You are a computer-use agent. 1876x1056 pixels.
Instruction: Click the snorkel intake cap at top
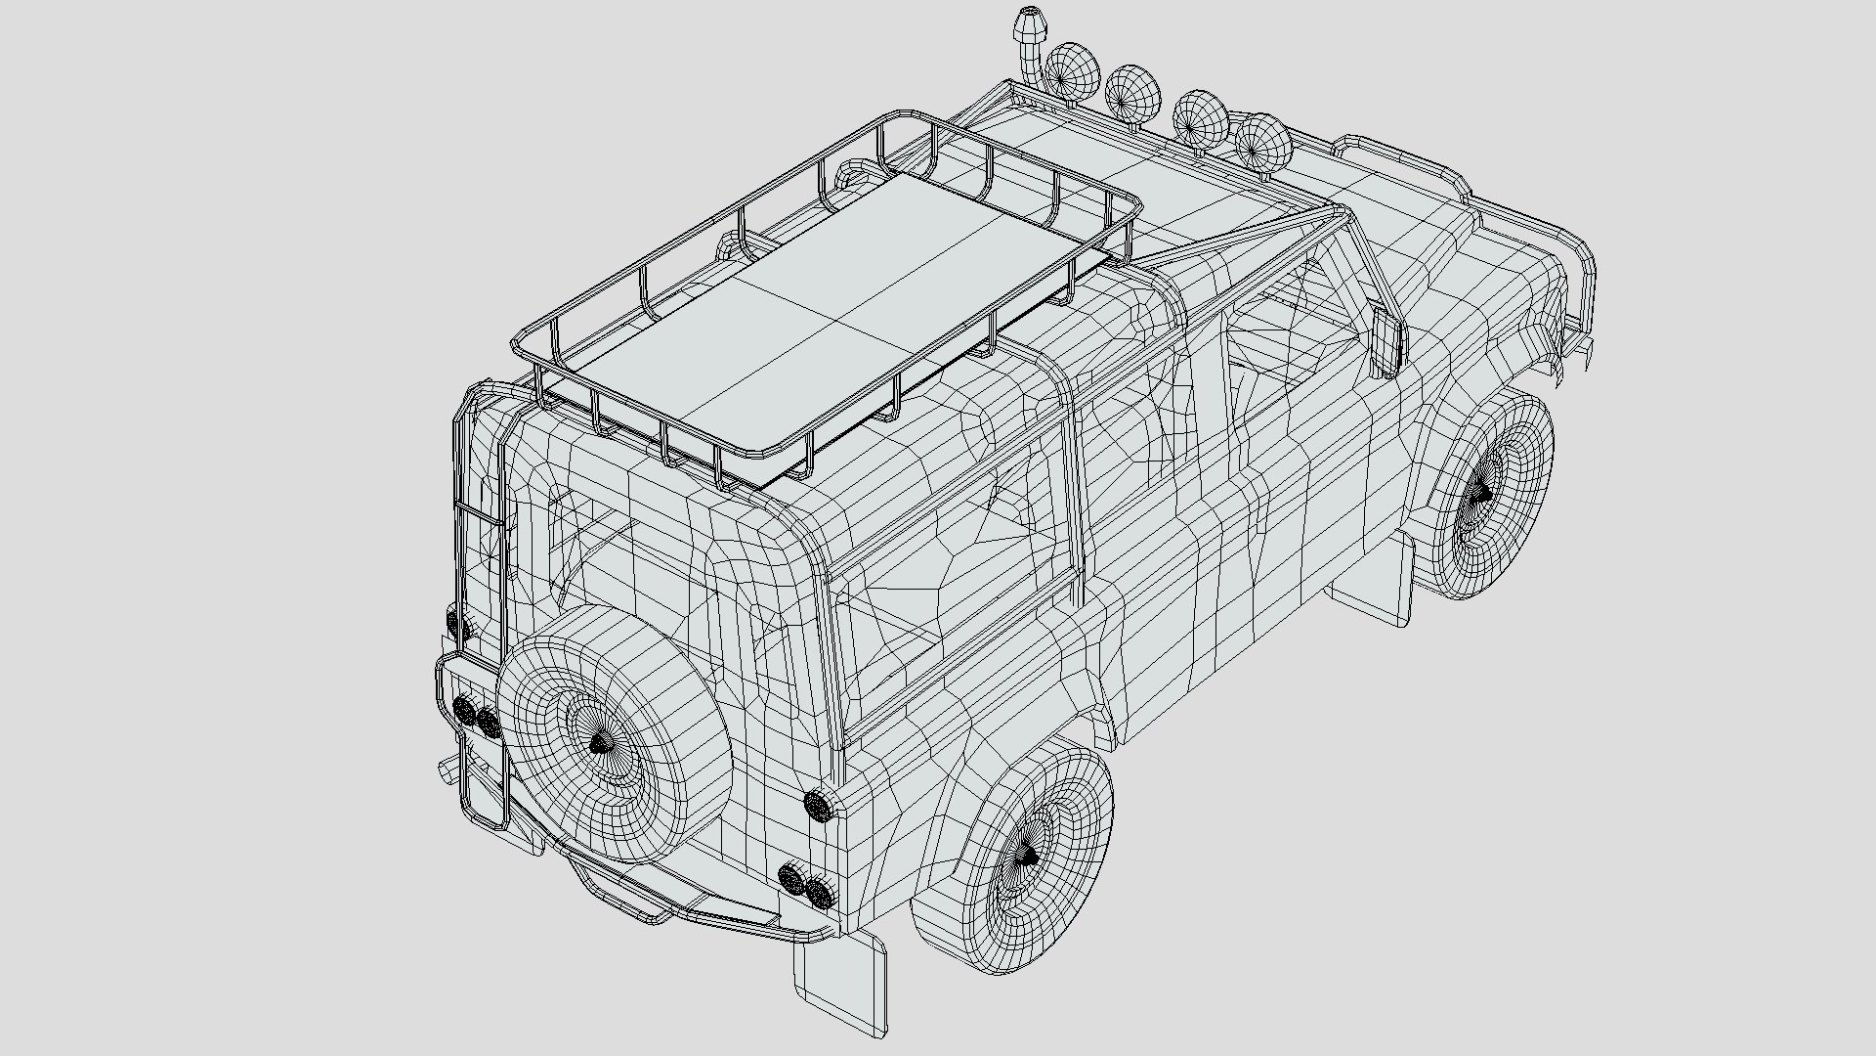pyautogui.click(x=1030, y=20)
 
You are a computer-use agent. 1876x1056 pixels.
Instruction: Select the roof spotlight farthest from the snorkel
pyautogui.click(x=1262, y=143)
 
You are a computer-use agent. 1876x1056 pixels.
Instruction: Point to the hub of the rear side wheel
pyautogui.click(x=1028, y=857)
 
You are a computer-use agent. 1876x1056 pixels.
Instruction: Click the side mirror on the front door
pyautogui.click(x=1386, y=342)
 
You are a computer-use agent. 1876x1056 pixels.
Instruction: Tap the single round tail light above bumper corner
pyautogui.click(x=817, y=806)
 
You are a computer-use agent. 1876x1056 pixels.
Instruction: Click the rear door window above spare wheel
pyautogui.click(x=625, y=557)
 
